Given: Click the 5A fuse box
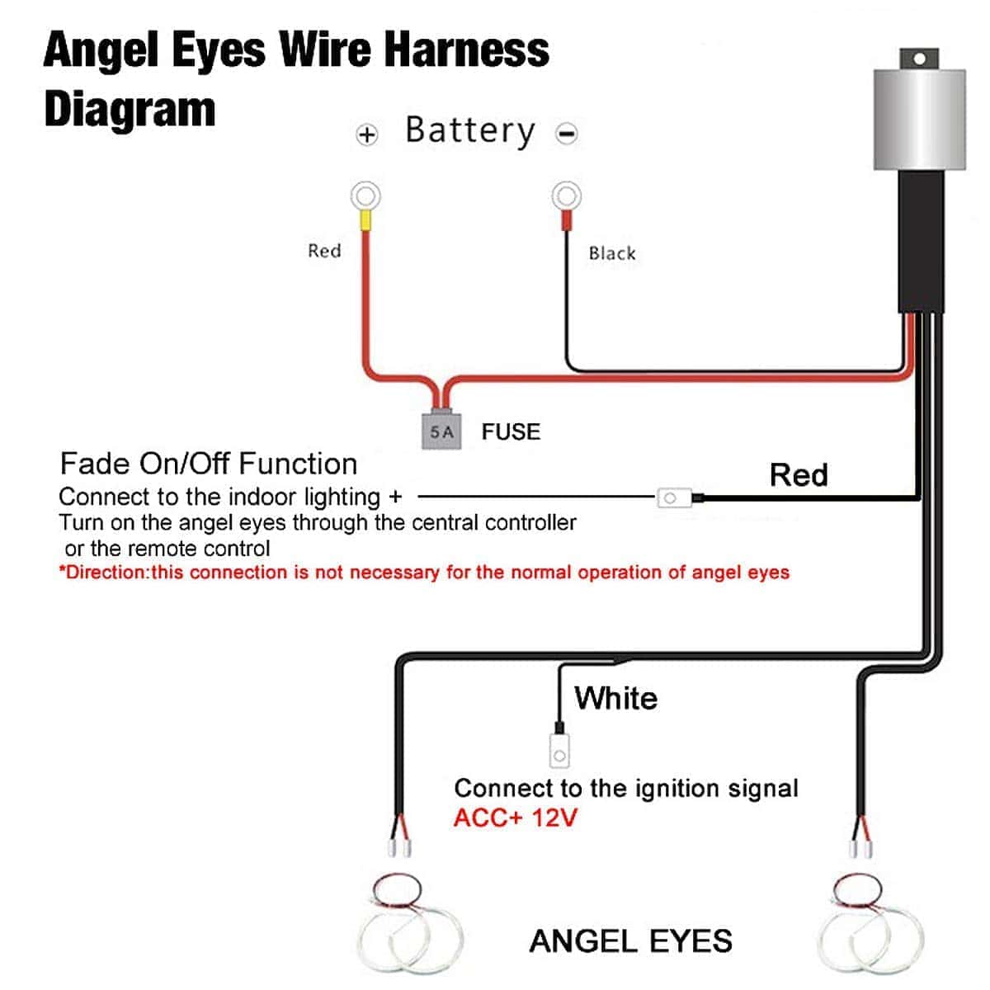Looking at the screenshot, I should tap(441, 431).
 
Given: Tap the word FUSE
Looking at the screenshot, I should tap(511, 431).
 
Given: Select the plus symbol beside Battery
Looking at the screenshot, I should tap(367, 134).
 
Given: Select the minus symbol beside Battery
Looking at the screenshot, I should tap(567, 134).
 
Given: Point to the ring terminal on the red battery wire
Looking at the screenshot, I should tap(365, 197).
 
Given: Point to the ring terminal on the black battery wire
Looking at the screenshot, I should tap(566, 196).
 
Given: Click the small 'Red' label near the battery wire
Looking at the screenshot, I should tap(324, 251).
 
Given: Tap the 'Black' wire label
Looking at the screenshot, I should tap(612, 253).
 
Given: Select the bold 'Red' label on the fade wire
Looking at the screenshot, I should tap(798, 475).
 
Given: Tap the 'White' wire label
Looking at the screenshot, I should tap(616, 699).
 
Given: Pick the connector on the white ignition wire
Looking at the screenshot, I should tap(559, 752).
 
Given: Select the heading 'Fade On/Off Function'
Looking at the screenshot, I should tap(209, 464).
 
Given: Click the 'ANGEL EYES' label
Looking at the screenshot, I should tap(630, 941).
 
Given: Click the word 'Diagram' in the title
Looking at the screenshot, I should tap(130, 110).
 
